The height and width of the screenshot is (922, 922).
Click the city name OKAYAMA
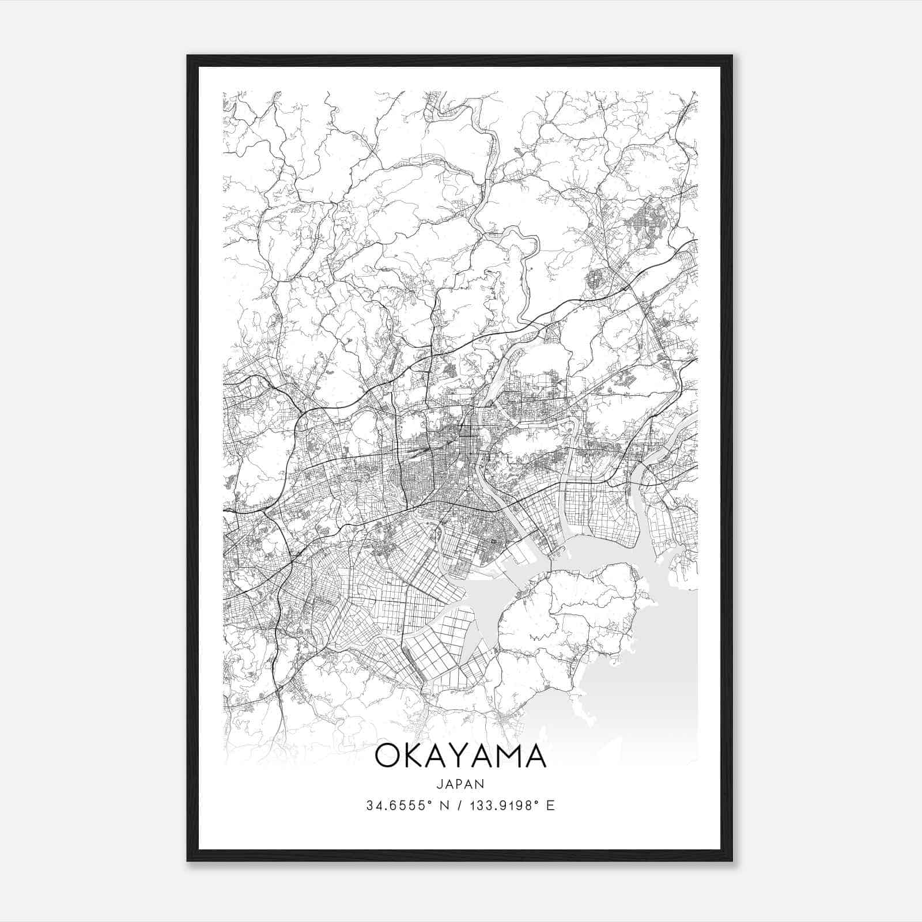(460, 756)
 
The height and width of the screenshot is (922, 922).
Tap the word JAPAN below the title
(460, 784)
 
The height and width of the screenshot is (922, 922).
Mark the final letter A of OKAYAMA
(535, 756)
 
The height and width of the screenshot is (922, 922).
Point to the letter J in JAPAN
(439, 784)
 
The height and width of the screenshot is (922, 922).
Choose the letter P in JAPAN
(460, 784)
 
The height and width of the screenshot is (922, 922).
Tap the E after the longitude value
(550, 806)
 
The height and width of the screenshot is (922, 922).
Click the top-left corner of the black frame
(188, 56)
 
